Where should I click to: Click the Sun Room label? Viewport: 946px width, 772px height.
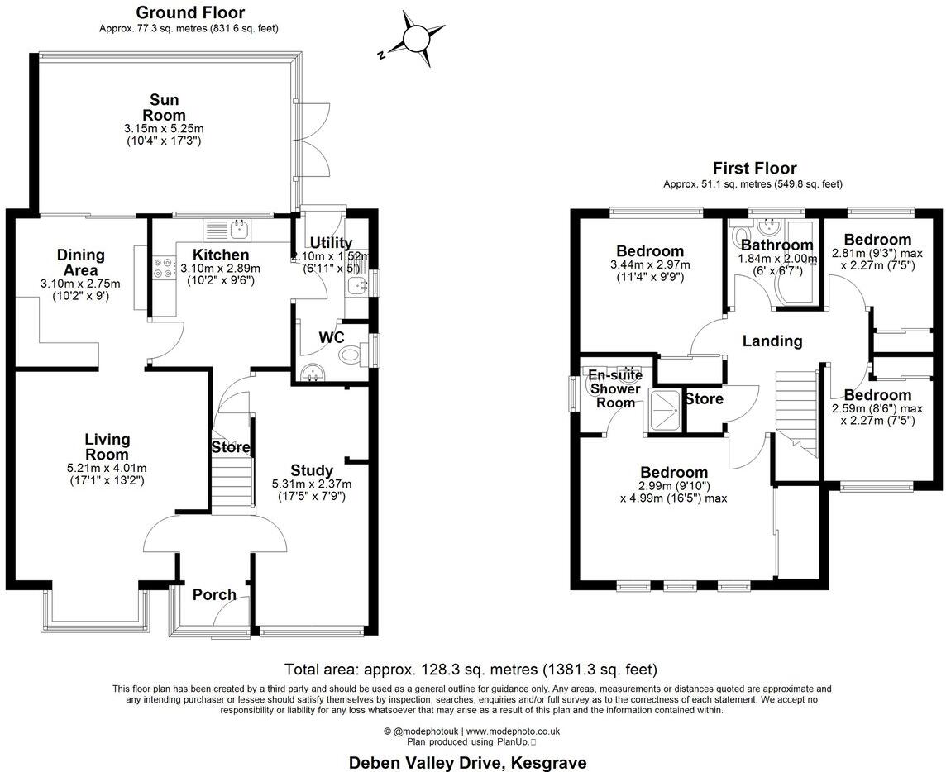pyautogui.click(x=164, y=108)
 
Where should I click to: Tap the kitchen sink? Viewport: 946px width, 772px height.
pyautogui.click(x=239, y=225)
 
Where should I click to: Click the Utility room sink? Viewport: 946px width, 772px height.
pyautogui.click(x=359, y=285)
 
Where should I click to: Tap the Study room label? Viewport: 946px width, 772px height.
pyautogui.click(x=312, y=471)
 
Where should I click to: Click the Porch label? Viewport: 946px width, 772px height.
pyautogui.click(x=214, y=594)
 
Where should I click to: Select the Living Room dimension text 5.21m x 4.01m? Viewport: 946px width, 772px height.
pyautogui.click(x=107, y=469)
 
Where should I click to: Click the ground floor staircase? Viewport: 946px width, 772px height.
pyautogui.click(x=232, y=479)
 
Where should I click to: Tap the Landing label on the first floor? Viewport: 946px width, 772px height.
pyautogui.click(x=772, y=341)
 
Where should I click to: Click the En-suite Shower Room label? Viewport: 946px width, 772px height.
pyautogui.click(x=618, y=388)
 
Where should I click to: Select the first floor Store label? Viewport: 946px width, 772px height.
pyautogui.click(x=704, y=398)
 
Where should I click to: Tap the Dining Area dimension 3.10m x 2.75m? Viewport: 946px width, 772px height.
pyautogui.click(x=81, y=284)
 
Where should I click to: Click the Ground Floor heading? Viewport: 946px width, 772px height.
pyautogui.click(x=189, y=12)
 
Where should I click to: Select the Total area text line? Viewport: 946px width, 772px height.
pyautogui.click(x=471, y=669)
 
